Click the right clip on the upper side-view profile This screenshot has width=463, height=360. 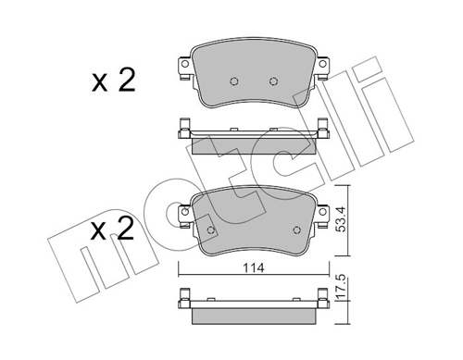[322, 129]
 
